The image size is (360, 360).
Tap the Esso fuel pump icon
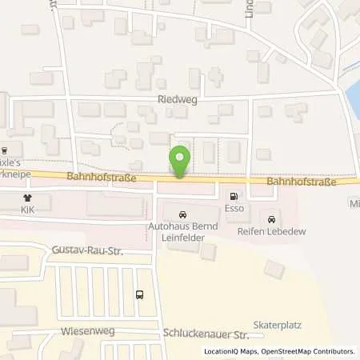[233, 195]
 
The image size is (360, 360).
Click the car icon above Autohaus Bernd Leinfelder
[183, 214]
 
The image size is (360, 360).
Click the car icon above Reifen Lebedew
[272, 219]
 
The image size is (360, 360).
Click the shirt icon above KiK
[28, 196]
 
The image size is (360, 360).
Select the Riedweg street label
[176, 101]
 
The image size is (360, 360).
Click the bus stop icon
[141, 294]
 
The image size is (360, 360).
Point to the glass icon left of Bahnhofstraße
[4, 150]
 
